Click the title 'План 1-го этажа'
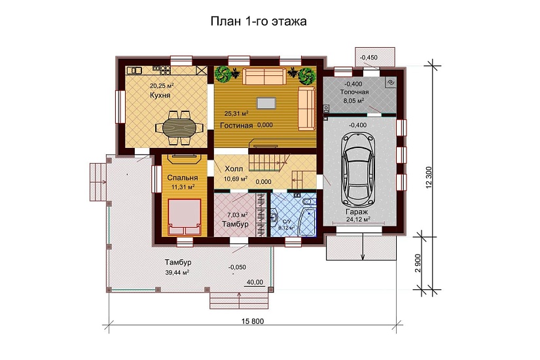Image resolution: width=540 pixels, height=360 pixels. [258, 22]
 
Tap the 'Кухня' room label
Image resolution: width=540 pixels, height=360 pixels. [160, 96]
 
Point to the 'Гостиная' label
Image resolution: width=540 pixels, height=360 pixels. [237, 125]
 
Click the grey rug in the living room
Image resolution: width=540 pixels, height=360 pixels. [266, 103]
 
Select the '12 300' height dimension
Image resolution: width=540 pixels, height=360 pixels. [430, 175]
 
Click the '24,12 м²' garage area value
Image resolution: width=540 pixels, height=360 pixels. [357, 221]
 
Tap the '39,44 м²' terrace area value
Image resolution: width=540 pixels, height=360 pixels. [177, 272]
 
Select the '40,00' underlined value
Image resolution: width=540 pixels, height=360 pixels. [254, 282]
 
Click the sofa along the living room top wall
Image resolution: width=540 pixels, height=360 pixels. [264, 76]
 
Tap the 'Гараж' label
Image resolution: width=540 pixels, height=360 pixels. [356, 212]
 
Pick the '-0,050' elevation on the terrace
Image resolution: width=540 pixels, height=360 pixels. [236, 267]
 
